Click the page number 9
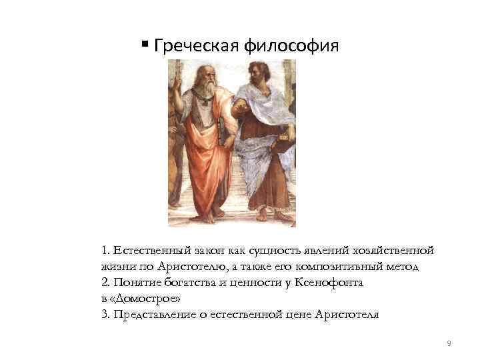pos(449,343)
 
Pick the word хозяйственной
pos(396,251)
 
